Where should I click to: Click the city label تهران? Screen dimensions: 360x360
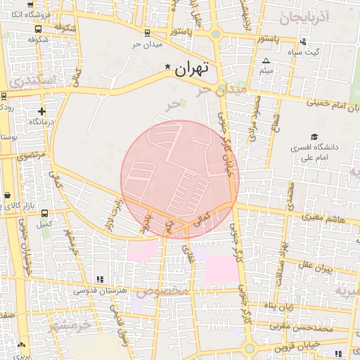(x=193, y=69)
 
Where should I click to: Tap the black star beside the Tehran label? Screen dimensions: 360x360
(x=167, y=67)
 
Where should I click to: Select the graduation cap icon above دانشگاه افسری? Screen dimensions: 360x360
(x=314, y=136)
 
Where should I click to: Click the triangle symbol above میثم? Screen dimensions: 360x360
(x=266, y=61)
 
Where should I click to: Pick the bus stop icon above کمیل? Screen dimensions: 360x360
(x=45, y=213)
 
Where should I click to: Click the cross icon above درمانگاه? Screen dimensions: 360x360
(x=41, y=111)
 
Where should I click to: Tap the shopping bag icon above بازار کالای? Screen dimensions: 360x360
(x=7, y=195)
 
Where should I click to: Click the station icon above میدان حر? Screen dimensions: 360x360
(x=146, y=33)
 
